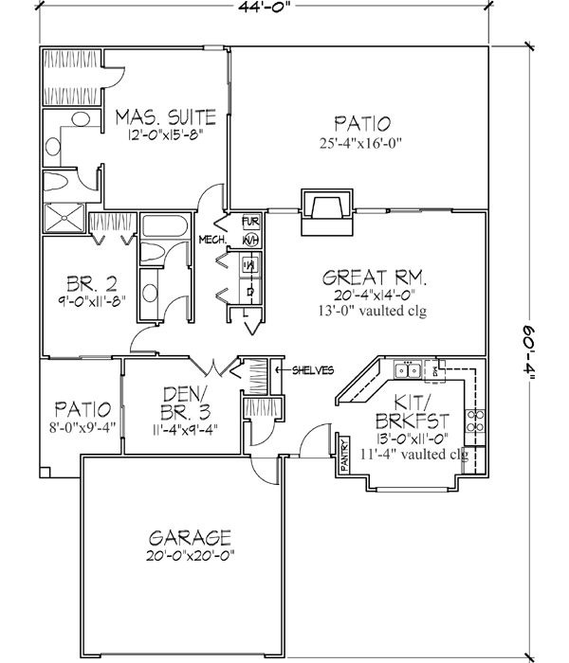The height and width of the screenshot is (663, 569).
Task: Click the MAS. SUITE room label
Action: point(166,117)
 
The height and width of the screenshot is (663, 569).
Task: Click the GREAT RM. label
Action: point(375,278)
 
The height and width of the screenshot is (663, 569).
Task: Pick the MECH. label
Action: point(211,241)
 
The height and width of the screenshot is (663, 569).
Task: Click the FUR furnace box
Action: point(250,222)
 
